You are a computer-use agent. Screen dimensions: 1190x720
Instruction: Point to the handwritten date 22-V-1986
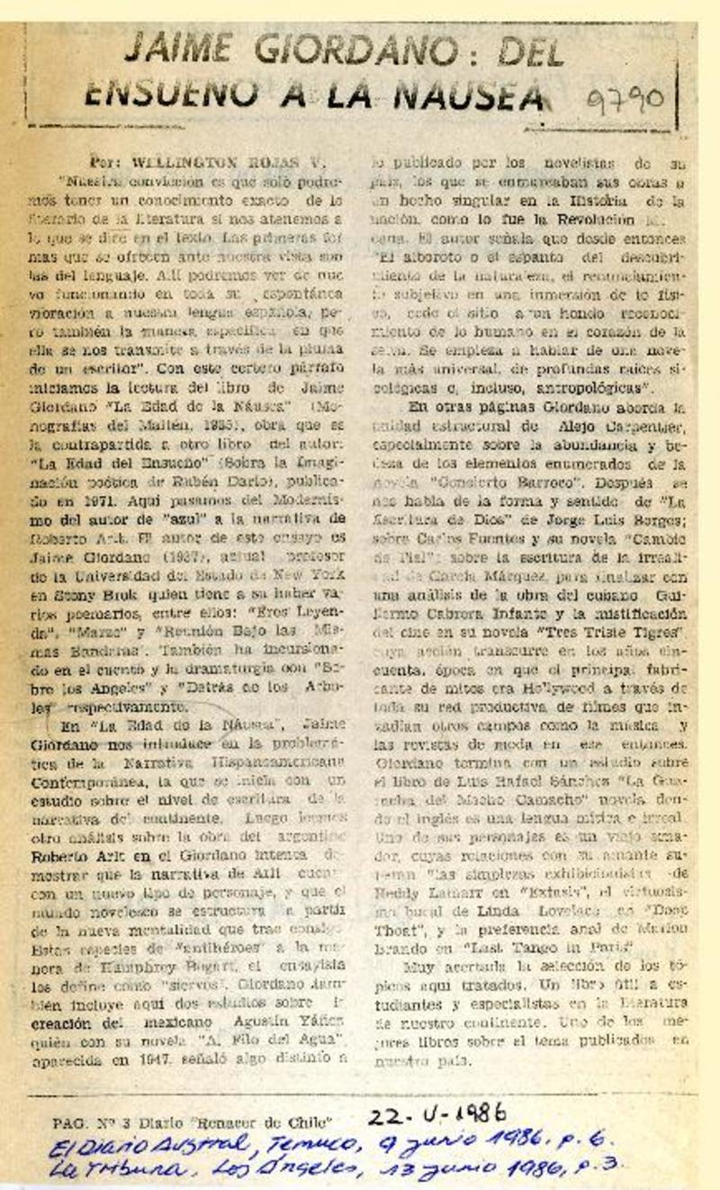[x=437, y=1114]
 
